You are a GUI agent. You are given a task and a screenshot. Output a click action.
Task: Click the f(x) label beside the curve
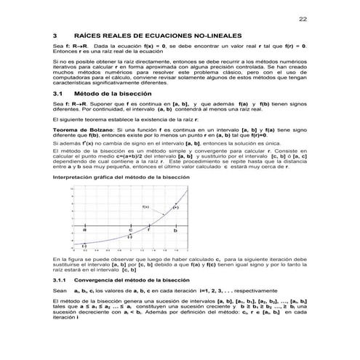coord(145,207)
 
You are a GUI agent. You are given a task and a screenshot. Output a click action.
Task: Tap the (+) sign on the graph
coord(175,207)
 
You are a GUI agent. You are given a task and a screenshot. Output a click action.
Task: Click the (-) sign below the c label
coord(129,237)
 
